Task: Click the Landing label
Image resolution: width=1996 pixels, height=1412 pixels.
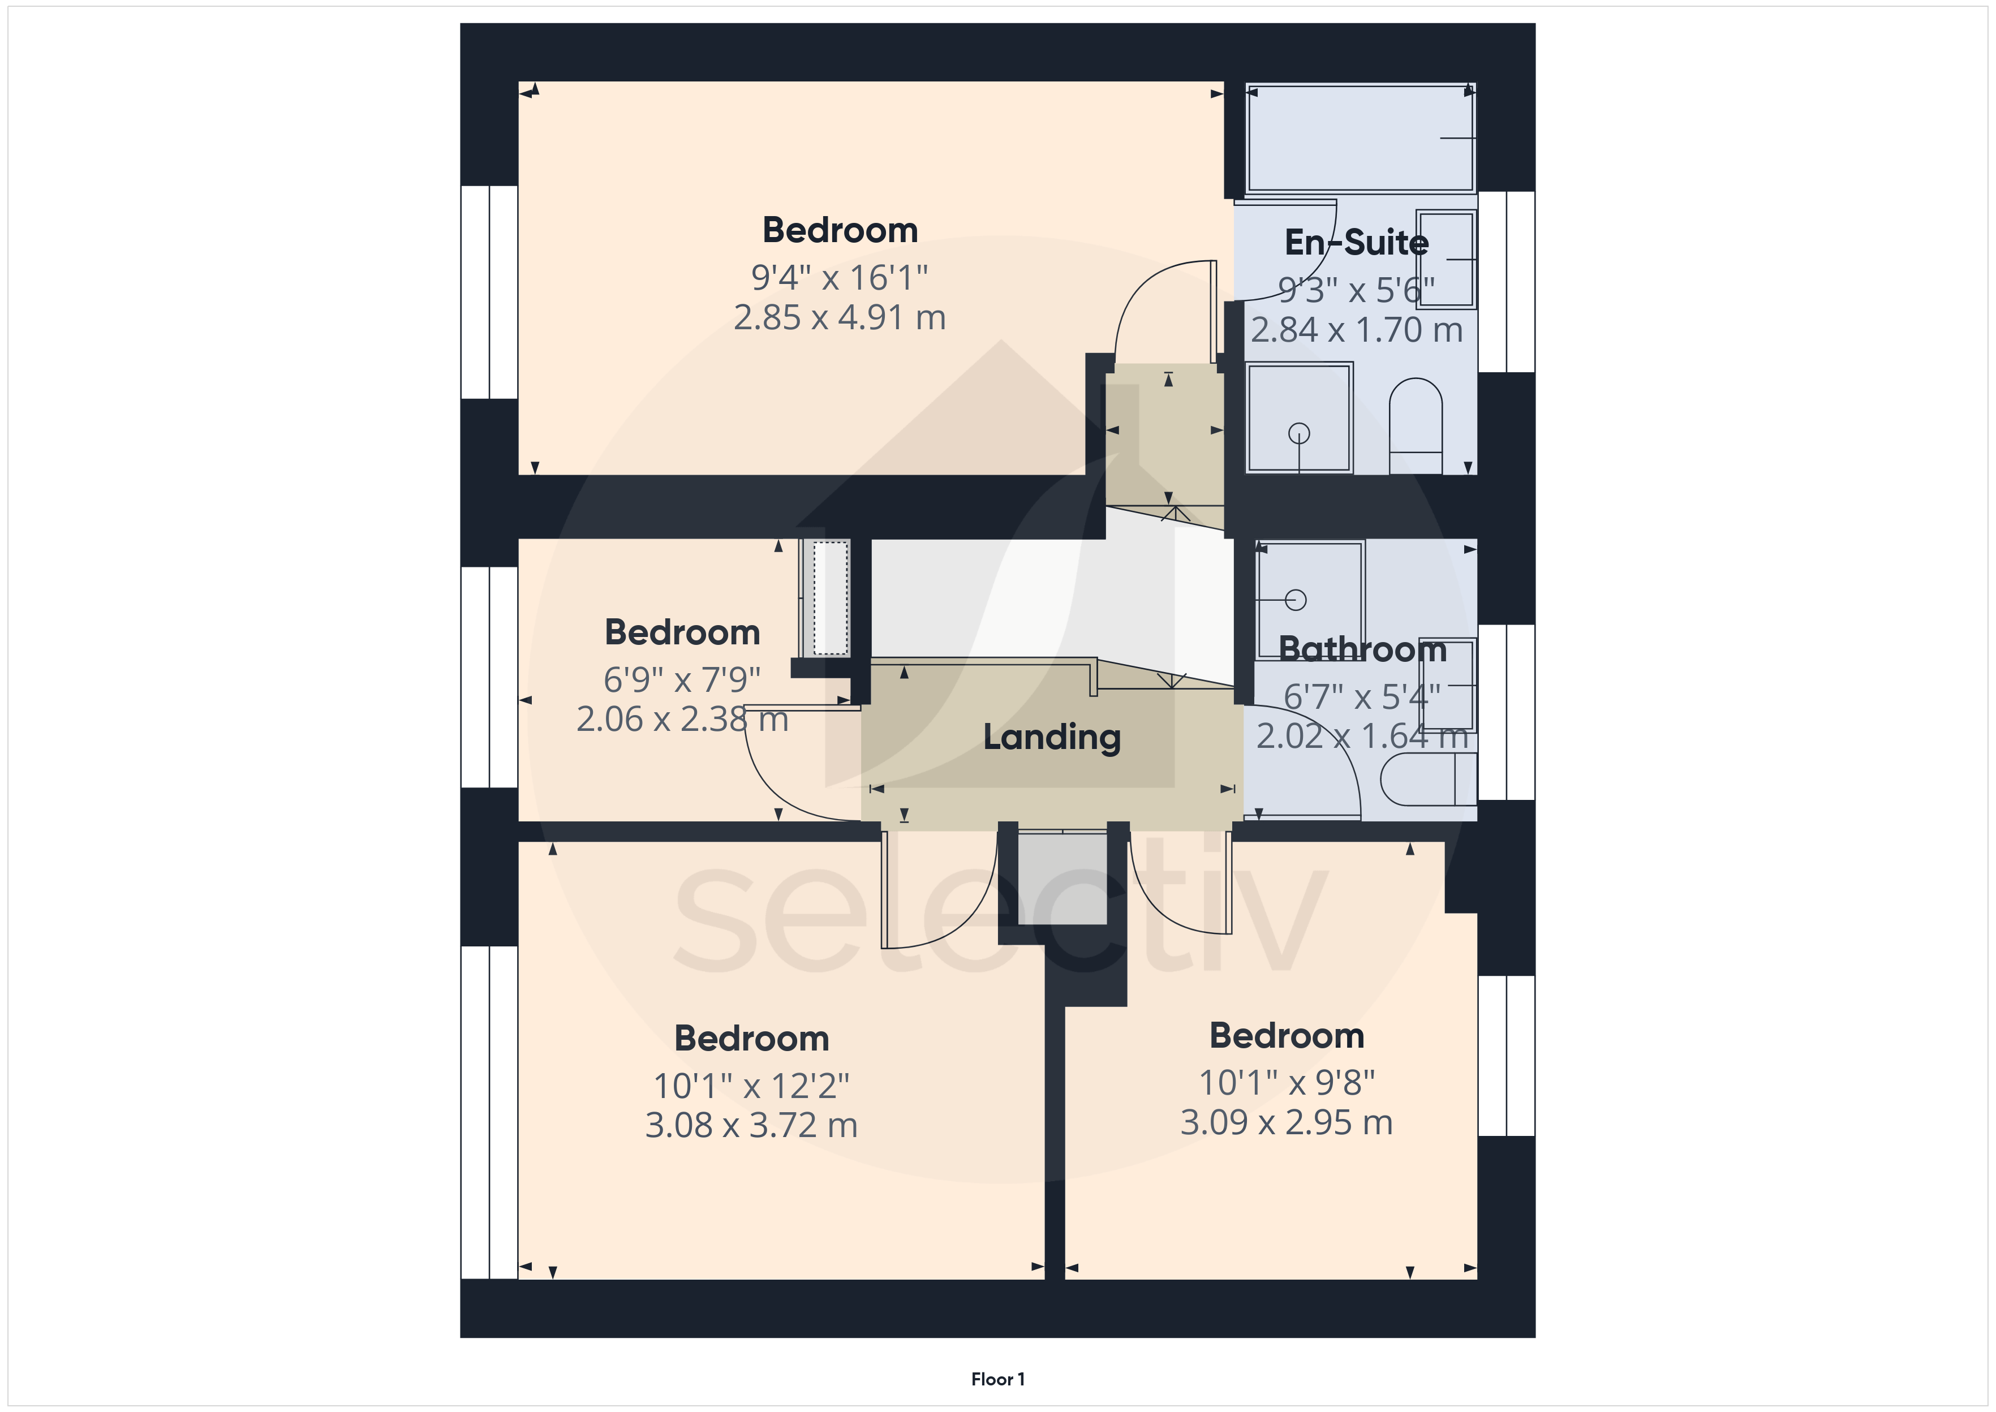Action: click(1052, 737)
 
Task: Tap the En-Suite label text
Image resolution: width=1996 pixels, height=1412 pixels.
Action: click(1356, 243)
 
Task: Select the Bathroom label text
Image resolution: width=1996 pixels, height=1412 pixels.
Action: click(1362, 649)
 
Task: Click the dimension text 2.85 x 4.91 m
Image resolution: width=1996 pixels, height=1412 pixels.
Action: click(840, 317)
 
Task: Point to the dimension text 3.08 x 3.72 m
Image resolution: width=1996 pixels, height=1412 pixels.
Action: click(751, 1125)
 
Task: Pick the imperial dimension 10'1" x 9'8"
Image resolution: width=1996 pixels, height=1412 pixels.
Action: click(1287, 1082)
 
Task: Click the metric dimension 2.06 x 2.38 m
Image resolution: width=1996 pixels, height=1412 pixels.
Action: click(682, 719)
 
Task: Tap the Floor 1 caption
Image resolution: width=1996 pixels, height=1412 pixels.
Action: click(998, 1379)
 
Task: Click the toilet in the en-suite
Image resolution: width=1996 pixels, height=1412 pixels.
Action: click(1416, 426)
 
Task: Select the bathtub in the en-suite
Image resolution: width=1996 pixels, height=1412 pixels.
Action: click(1361, 137)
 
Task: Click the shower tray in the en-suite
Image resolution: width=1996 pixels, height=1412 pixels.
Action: click(1299, 417)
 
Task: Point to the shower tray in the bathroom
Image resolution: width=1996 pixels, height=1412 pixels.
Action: click(1309, 600)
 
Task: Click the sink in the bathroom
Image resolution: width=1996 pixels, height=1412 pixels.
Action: click(1447, 685)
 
